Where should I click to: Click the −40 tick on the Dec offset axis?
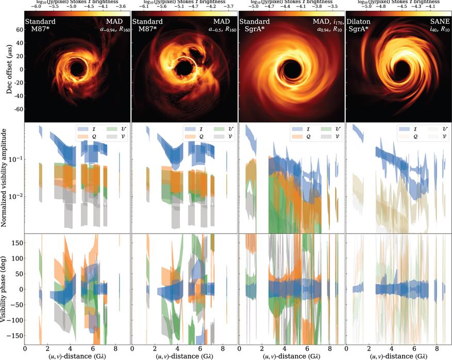19,96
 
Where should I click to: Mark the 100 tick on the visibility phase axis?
19,257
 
